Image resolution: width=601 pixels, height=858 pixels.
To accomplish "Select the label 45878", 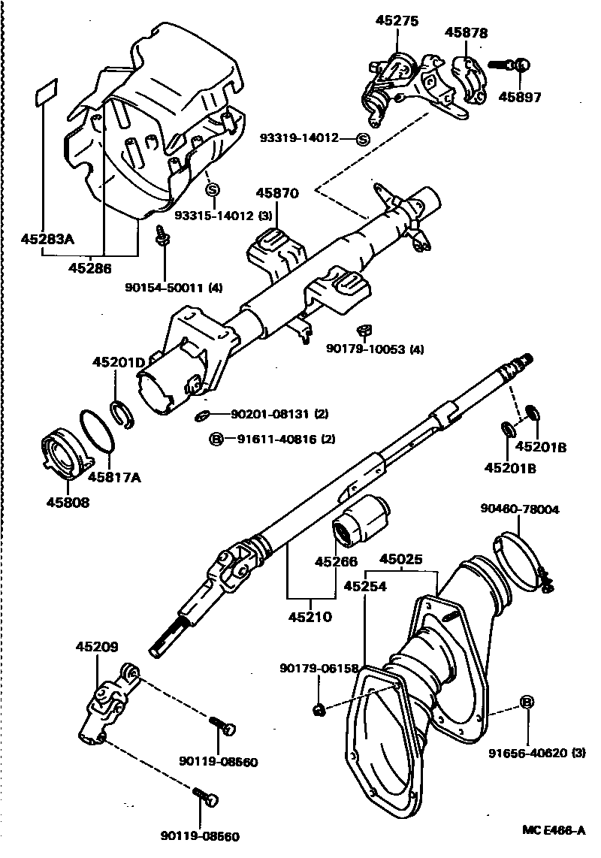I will point(466,33).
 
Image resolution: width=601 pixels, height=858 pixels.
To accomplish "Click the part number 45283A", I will point(47,240).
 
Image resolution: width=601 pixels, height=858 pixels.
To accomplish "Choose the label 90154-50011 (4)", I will point(174,286).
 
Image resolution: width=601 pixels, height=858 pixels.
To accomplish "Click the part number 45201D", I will point(119,362).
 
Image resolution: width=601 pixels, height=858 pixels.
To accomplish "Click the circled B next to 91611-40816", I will point(216,439).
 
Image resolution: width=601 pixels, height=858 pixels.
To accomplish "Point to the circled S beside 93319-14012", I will point(362,138).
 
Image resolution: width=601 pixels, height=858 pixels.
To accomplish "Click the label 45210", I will point(310,617).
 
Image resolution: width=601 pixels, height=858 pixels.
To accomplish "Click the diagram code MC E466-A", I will point(554,831).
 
